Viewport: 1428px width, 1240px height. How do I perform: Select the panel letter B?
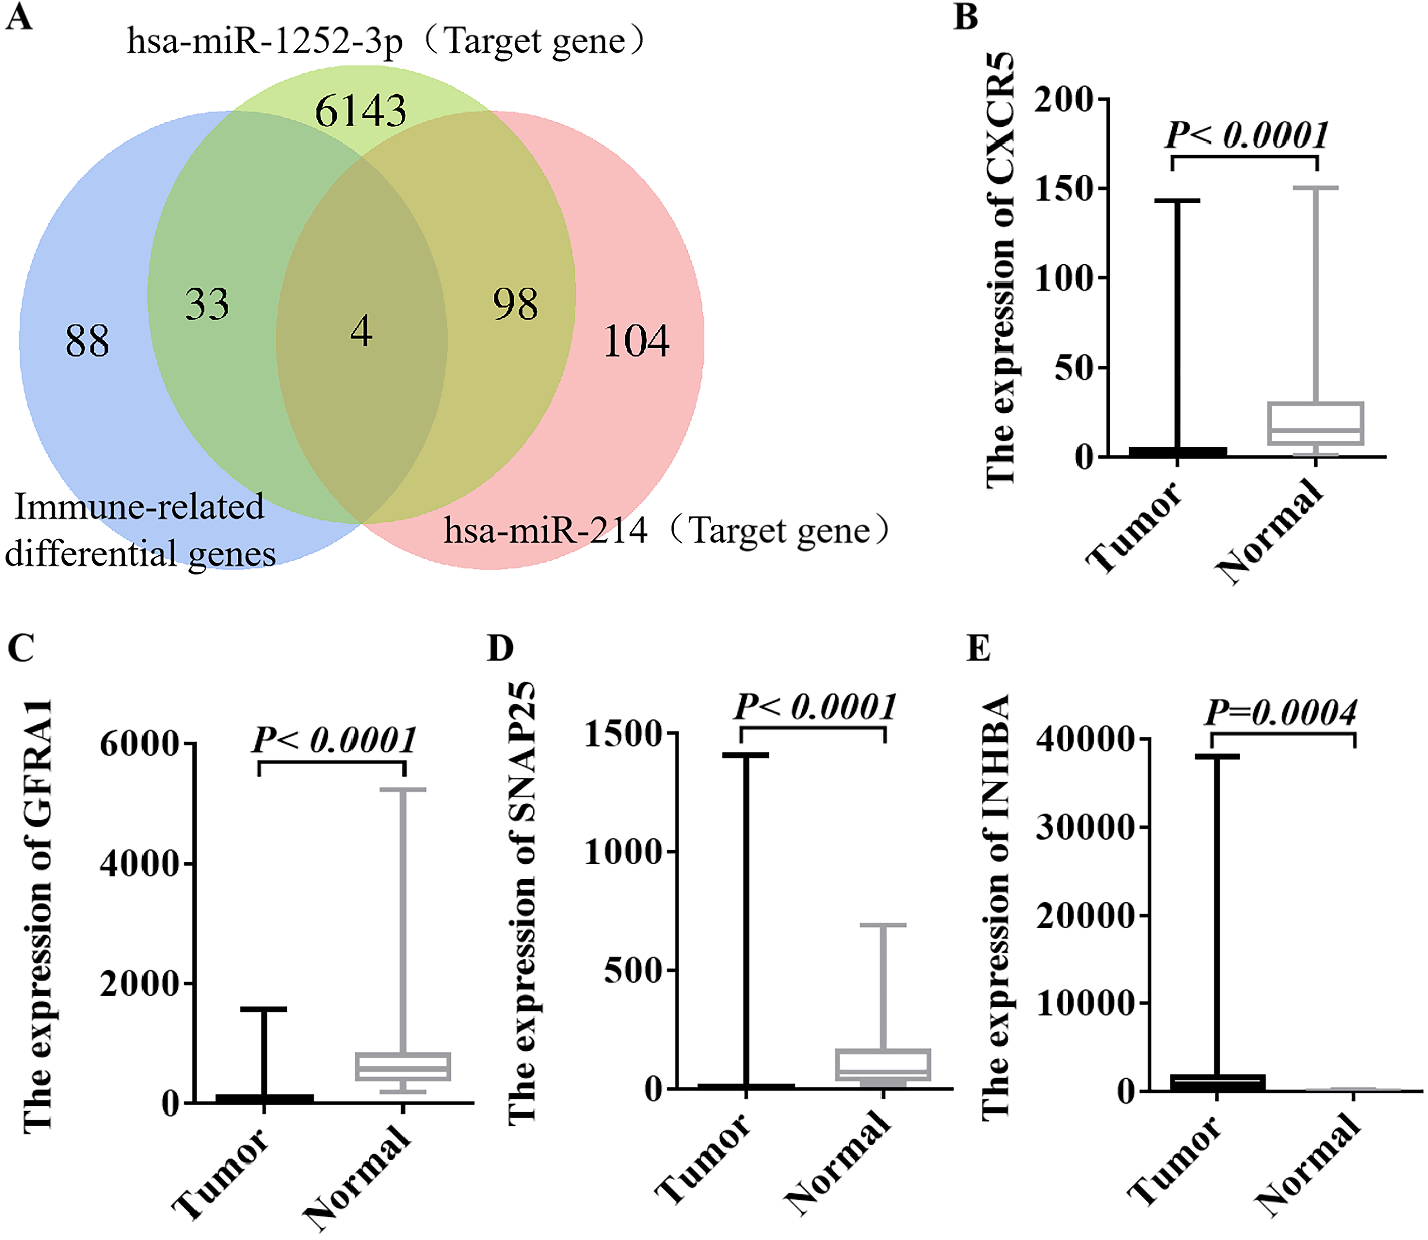[x=966, y=17]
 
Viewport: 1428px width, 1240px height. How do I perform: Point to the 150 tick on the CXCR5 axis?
[x=1062, y=188]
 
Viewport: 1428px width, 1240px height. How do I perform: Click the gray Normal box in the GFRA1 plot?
[x=403, y=1066]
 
